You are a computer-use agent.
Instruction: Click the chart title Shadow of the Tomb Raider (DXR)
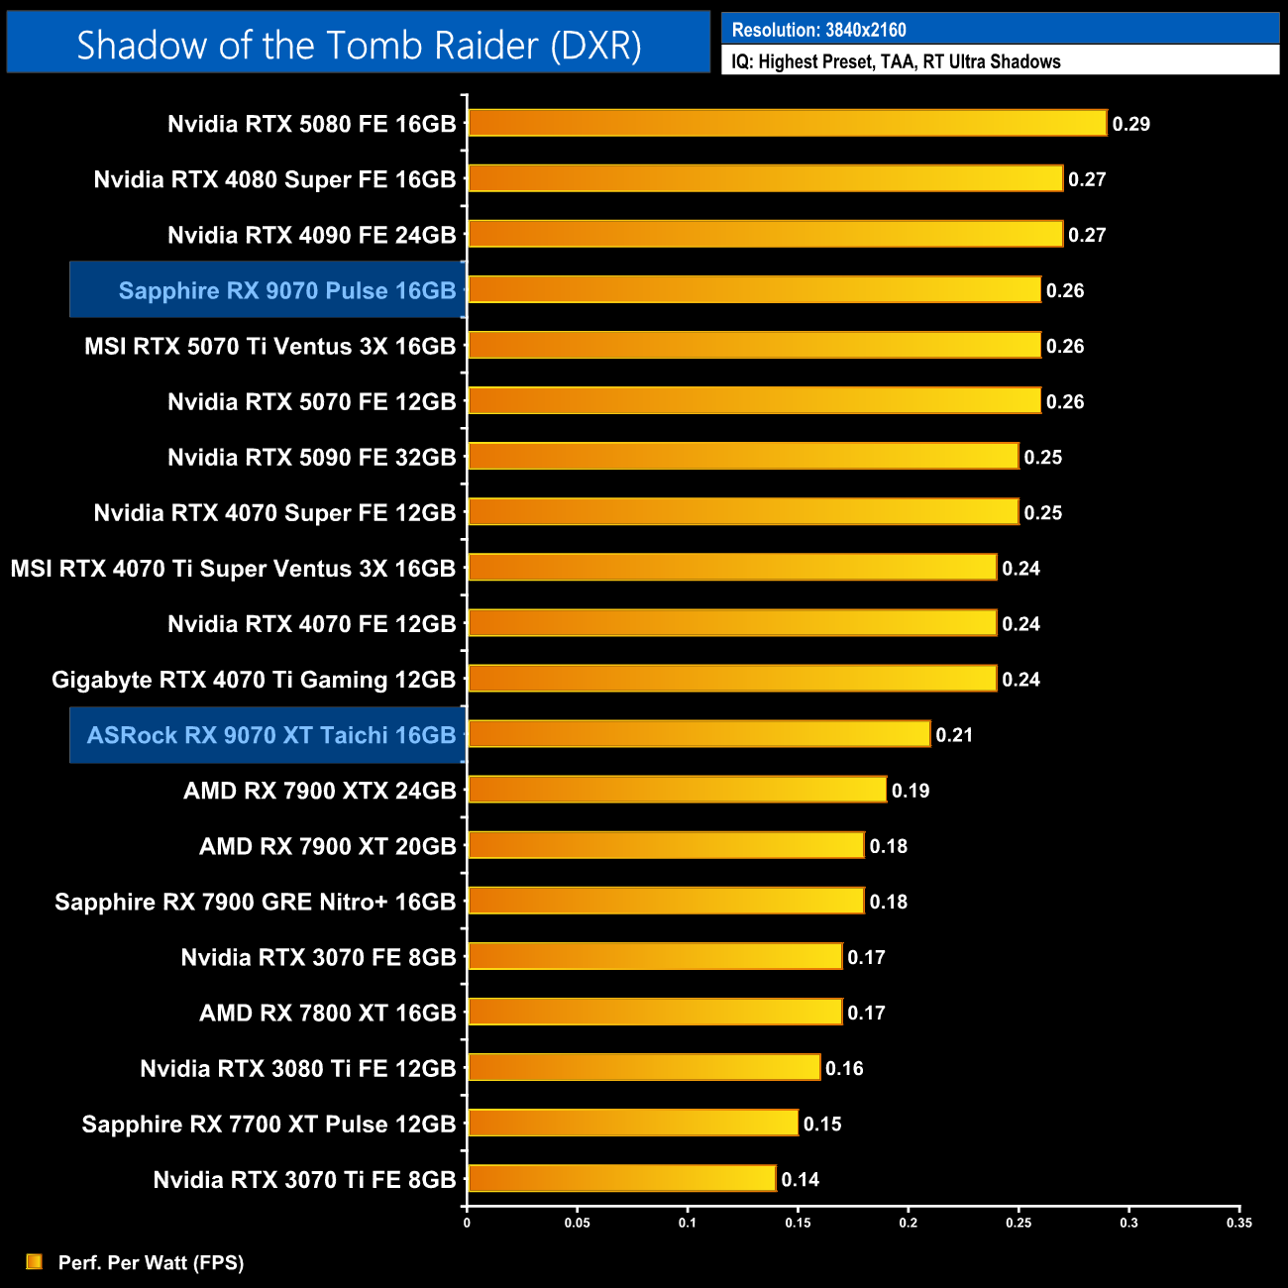(x=359, y=46)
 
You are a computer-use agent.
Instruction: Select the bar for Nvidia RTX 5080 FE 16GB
(x=787, y=123)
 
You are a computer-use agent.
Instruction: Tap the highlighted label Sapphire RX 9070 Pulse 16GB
(x=286, y=290)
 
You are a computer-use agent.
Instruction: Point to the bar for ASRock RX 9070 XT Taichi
(x=698, y=734)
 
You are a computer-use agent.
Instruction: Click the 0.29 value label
(x=1130, y=124)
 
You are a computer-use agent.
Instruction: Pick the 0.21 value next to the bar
(x=954, y=735)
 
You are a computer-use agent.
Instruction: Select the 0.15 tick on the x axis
(x=798, y=1223)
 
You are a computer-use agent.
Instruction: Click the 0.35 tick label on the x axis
(x=1238, y=1223)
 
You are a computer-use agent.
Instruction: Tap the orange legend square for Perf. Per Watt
(x=35, y=1261)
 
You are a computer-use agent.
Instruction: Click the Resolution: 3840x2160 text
(x=818, y=30)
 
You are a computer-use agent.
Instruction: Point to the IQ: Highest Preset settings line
(x=896, y=61)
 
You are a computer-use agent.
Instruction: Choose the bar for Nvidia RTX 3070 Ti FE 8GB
(x=621, y=1179)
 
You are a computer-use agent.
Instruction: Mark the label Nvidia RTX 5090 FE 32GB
(x=311, y=457)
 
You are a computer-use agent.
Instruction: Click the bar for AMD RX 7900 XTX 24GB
(x=677, y=790)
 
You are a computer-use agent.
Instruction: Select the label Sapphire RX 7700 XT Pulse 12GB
(x=268, y=1125)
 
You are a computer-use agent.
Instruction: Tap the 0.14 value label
(x=800, y=1180)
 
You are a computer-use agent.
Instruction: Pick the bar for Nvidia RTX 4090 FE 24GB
(x=765, y=234)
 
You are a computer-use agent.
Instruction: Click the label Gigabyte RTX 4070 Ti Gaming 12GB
(x=254, y=680)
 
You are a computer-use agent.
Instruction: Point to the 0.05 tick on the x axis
(x=577, y=1223)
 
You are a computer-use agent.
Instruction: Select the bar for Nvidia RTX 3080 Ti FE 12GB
(x=644, y=1068)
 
